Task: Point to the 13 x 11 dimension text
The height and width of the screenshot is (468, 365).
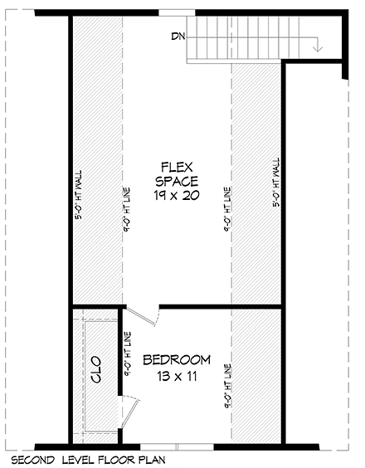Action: (x=177, y=375)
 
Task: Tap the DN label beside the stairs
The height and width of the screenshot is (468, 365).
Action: (x=178, y=37)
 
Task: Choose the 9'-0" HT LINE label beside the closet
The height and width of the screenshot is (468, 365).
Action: (x=127, y=356)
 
